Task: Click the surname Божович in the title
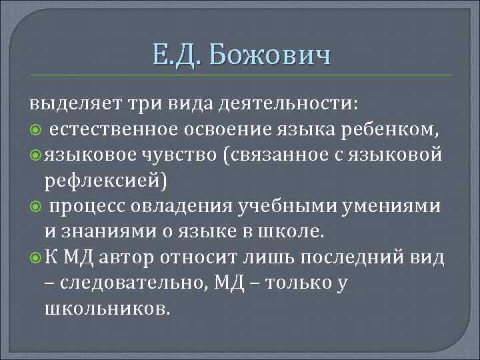(x=269, y=54)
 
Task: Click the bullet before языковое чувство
(x=35, y=155)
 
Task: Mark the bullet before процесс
(x=35, y=207)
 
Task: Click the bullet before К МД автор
(x=35, y=257)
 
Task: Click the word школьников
(x=106, y=309)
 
